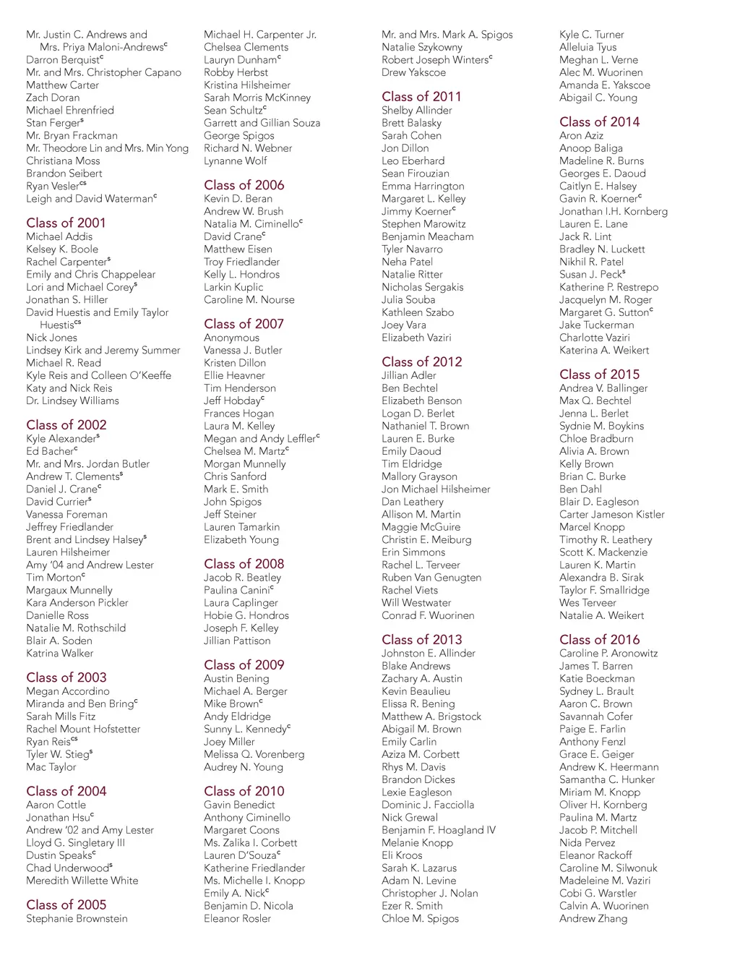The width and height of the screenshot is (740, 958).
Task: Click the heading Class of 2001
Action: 66,223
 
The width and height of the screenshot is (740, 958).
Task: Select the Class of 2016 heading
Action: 599,639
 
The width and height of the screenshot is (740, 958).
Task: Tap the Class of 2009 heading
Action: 244,664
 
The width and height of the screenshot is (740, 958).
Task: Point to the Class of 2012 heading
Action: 421,362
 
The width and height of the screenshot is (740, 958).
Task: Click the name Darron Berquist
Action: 63,60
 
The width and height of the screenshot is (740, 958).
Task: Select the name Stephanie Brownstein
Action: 77,918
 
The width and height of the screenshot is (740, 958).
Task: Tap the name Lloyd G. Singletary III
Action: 75,842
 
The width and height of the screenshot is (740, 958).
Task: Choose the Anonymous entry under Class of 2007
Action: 231,338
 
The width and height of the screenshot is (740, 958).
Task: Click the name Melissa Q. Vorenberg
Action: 254,754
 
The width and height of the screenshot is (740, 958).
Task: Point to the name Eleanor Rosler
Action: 237,918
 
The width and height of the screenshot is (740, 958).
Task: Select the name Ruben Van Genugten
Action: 431,578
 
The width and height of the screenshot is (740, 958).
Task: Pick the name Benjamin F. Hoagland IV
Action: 438,830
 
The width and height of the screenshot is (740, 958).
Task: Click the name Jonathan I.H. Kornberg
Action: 613,211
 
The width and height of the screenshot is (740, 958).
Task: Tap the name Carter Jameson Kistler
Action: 611,514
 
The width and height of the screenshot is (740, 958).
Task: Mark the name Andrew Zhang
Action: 593,918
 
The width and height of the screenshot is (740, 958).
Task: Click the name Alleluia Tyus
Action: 588,47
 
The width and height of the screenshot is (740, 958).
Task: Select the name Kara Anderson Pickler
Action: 77,602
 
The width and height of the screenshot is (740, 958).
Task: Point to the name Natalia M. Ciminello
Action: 251,224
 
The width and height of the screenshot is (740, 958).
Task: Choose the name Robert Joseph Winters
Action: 435,60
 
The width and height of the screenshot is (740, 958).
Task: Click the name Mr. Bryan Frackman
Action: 72,135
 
